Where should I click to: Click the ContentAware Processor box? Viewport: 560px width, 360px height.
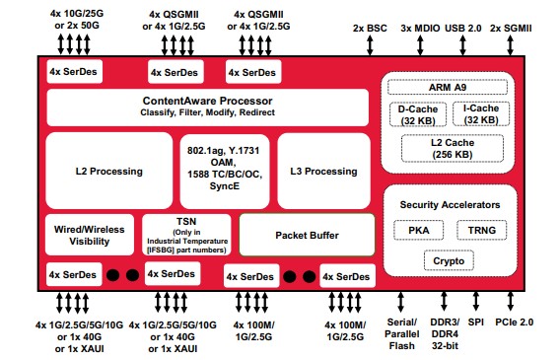pyautogui.click(x=207, y=108)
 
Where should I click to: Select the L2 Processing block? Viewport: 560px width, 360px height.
pyautogui.click(x=108, y=171)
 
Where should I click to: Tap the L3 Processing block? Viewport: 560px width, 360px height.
pyautogui.click(x=323, y=171)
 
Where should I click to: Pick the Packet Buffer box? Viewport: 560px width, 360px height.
pyautogui.click(x=307, y=235)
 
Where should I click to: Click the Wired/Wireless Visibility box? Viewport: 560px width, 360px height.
pyautogui.click(x=90, y=235)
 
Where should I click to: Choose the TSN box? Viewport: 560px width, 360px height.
pyautogui.click(x=186, y=235)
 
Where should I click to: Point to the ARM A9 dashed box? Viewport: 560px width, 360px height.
pyautogui.click(x=448, y=87)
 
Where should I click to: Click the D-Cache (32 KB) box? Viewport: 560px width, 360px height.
pyautogui.click(x=418, y=114)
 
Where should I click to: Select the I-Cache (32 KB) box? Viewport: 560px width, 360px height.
pyautogui.click(x=481, y=113)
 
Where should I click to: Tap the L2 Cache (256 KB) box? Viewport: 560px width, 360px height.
pyautogui.click(x=453, y=148)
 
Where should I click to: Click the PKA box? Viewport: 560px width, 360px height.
pyautogui.click(x=419, y=230)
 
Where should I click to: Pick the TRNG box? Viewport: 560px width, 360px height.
pyautogui.click(x=482, y=230)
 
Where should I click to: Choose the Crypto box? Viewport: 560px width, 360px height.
pyautogui.click(x=449, y=260)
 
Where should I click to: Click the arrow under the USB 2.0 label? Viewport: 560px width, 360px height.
pyautogui.click(x=462, y=45)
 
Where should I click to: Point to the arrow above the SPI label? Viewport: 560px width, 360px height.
pyautogui.click(x=476, y=301)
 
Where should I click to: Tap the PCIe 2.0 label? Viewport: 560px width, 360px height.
pyautogui.click(x=514, y=323)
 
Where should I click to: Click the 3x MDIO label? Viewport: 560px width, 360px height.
pyautogui.click(x=420, y=29)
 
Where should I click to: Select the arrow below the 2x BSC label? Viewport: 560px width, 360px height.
pyautogui.click(x=370, y=45)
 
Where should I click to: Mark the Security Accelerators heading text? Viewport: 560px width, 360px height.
pyautogui.click(x=450, y=204)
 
